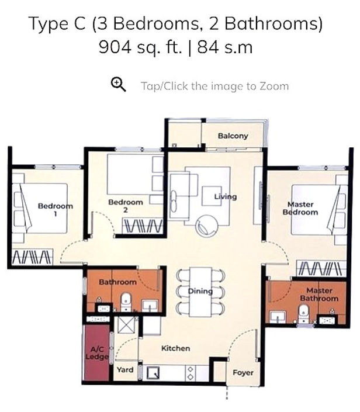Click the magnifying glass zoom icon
tap(118, 84)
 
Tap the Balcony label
tap(233, 136)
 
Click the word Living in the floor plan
tap(225, 196)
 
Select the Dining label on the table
tap(200, 291)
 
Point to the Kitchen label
tap(175, 348)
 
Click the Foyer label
tap(243, 373)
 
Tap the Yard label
tap(125, 370)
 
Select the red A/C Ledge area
tap(96, 352)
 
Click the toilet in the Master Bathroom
tap(303, 313)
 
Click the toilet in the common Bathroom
tap(126, 302)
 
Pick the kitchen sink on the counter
tap(153, 373)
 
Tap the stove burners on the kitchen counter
tap(191, 373)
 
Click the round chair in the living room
tap(207, 226)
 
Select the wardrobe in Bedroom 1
tap(32, 257)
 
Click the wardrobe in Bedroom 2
tap(143, 226)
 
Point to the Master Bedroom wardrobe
tap(321, 268)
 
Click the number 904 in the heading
tap(115, 47)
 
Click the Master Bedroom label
tap(300, 208)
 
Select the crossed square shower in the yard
tap(126, 325)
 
